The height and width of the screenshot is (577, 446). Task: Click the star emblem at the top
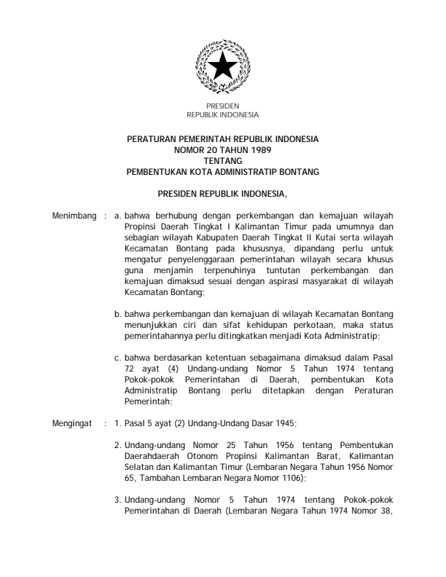(222, 69)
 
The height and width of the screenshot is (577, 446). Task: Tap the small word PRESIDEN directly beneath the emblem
(222, 107)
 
